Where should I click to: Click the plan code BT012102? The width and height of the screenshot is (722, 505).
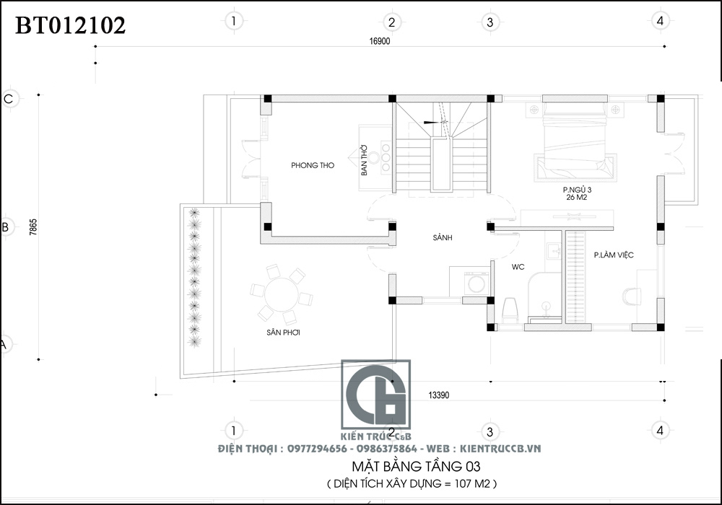(71, 25)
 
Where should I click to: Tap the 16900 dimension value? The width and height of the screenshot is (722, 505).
(380, 41)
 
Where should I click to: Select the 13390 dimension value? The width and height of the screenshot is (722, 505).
(438, 395)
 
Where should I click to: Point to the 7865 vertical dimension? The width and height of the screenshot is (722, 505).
(32, 227)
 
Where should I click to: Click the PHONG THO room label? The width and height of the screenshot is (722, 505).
(313, 165)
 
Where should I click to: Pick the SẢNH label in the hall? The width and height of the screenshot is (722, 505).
(443, 237)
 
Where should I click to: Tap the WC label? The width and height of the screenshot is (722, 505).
(518, 267)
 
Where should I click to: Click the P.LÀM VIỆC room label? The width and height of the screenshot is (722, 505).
(614, 255)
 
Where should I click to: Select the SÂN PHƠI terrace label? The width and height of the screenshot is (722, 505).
(283, 332)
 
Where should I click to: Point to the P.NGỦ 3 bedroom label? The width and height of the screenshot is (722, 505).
(577, 190)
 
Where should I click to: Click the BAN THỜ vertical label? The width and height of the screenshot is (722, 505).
(364, 160)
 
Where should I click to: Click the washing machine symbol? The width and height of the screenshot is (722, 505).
(476, 284)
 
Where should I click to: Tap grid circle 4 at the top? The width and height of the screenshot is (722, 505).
(661, 21)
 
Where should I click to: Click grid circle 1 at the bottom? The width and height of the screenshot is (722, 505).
(234, 431)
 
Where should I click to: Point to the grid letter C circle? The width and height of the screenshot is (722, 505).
(9, 99)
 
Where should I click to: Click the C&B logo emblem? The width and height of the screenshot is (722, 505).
(375, 395)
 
